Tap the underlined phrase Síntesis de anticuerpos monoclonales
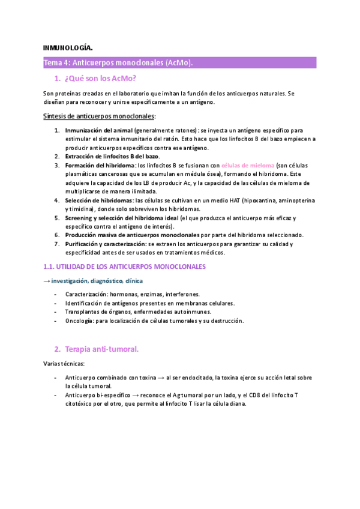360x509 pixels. [99, 116]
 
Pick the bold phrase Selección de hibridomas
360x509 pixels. [98, 200]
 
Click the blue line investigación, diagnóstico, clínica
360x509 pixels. [97, 280]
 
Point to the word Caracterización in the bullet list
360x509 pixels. [87, 294]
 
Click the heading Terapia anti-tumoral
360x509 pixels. [105, 349]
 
